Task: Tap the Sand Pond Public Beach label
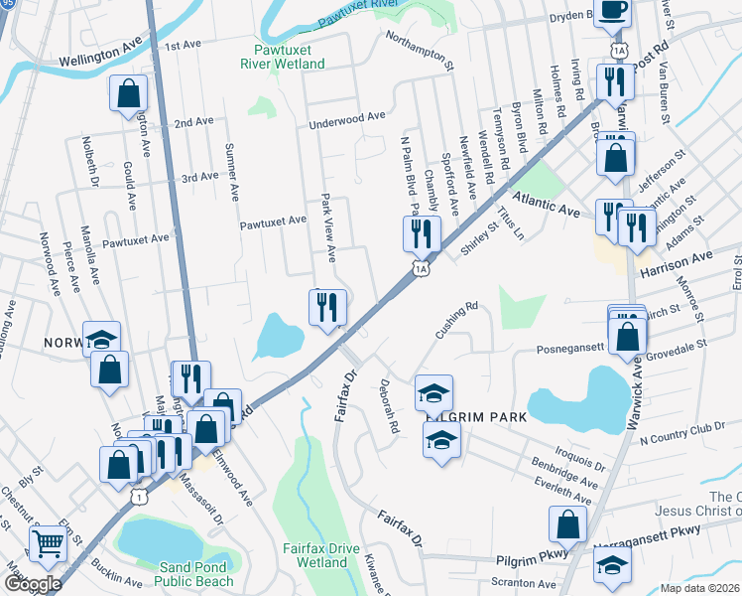click(196, 574)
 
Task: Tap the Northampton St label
click(419, 51)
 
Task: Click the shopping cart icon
click(49, 543)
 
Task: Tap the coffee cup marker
click(611, 9)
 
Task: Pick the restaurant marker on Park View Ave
click(328, 307)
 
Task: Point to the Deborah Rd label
click(389, 406)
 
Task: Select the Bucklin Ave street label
click(119, 578)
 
